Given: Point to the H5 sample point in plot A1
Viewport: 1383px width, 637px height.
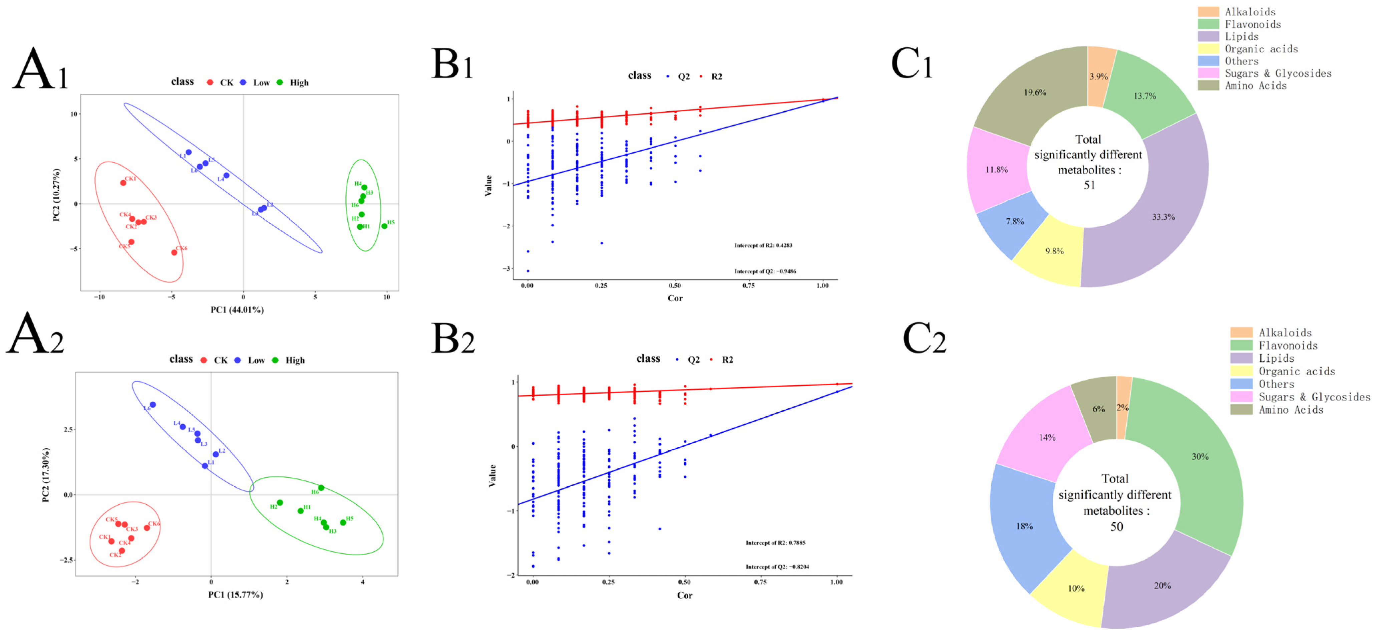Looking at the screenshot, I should (384, 226).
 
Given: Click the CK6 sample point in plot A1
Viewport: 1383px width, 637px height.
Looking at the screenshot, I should (174, 252).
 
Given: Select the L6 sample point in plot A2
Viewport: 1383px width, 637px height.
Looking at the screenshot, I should (152, 404).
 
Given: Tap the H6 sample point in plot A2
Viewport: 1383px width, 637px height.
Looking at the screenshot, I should (321, 488).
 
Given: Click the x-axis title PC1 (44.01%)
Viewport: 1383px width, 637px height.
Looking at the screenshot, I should (237, 310).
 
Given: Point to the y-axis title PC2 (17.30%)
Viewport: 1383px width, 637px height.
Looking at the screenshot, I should (46, 475).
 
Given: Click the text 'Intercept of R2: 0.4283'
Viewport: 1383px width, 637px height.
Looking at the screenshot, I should (763, 245).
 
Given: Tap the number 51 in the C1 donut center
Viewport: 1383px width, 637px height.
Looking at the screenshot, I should (1089, 185).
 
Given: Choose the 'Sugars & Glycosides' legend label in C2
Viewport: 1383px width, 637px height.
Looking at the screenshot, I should (1314, 397).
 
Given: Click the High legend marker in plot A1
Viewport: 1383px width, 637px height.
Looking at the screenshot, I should (280, 82).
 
